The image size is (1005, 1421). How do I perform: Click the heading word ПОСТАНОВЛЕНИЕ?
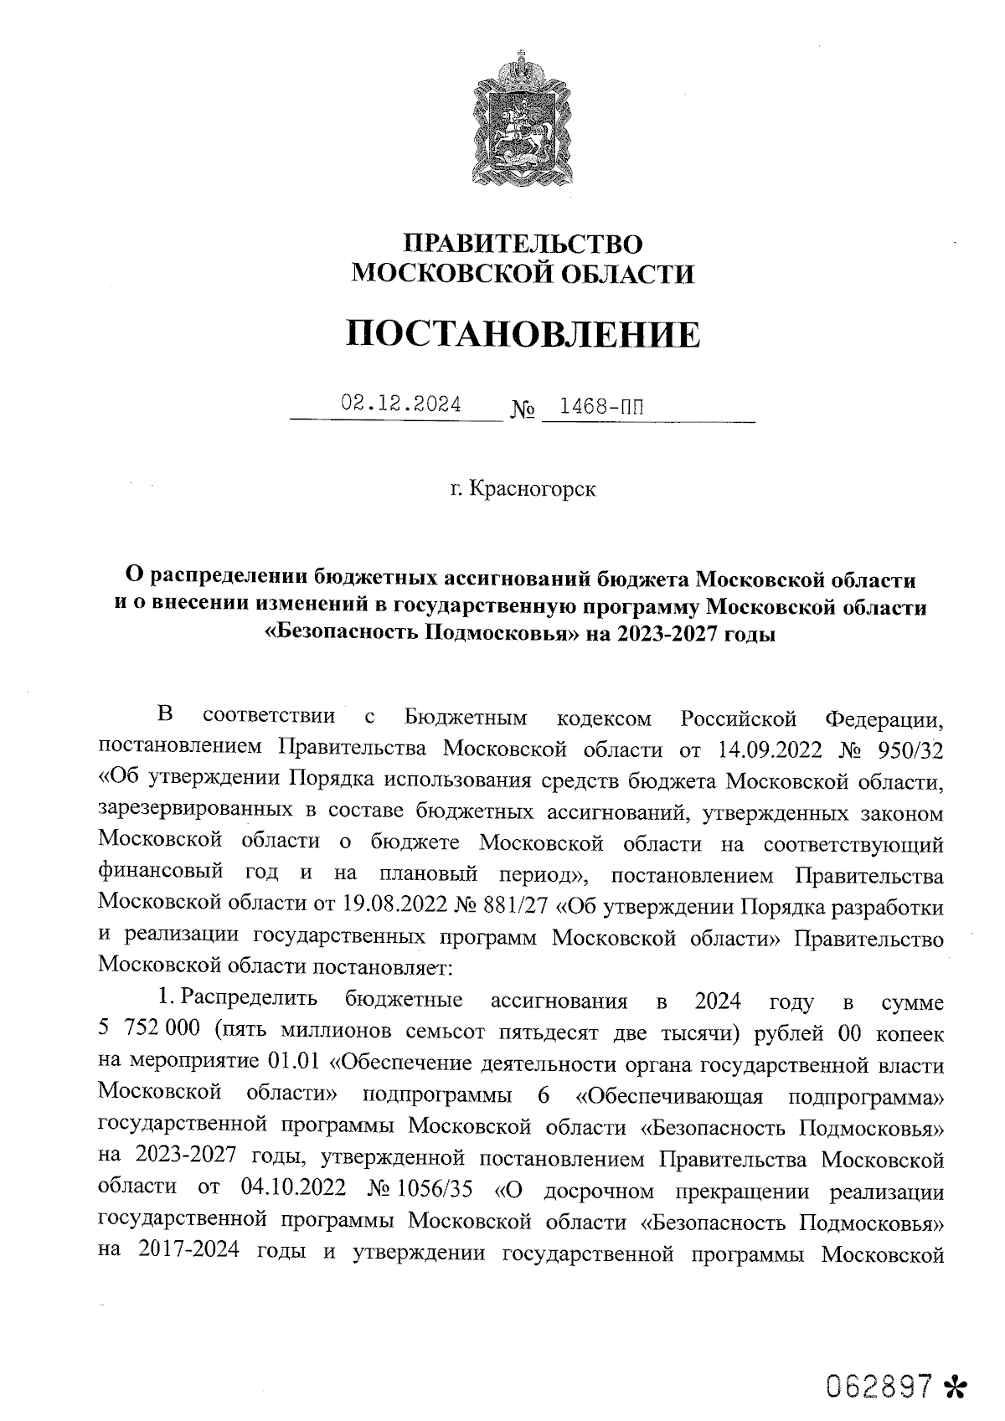[523, 335]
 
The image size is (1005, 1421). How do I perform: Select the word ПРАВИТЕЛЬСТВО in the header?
[523, 244]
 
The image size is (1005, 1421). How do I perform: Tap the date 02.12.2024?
[401, 404]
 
